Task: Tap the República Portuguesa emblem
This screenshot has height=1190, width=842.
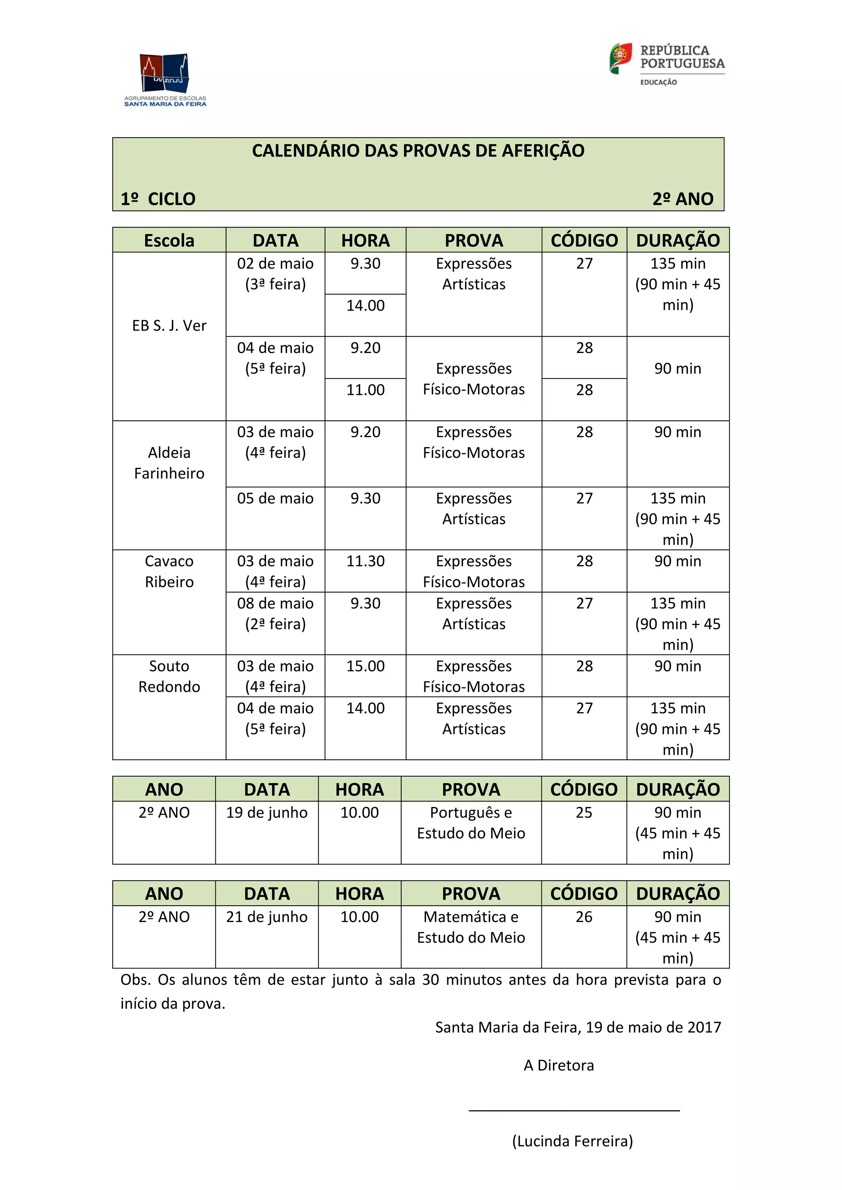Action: (621, 58)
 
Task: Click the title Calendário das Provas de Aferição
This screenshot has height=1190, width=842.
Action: (418, 151)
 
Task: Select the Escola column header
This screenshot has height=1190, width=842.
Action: (169, 240)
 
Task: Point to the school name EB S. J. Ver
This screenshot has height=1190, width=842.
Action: (169, 326)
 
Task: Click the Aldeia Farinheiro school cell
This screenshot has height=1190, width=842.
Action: (169, 463)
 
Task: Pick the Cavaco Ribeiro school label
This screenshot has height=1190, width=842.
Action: (169, 571)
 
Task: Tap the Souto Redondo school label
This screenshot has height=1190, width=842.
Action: (169, 676)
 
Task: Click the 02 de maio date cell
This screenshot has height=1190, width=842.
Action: (275, 274)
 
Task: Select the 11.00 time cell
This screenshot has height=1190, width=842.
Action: (365, 390)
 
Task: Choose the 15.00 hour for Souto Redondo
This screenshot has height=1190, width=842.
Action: (365, 666)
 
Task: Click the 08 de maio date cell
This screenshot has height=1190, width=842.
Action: (275, 613)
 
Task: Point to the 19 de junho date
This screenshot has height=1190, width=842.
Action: (266, 813)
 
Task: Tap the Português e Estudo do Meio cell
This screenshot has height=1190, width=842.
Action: (471, 823)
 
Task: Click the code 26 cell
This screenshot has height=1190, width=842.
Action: (584, 917)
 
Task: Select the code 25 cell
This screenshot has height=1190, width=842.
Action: (584, 813)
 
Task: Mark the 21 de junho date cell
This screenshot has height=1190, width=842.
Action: (266, 917)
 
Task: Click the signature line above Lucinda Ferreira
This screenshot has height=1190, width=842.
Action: (574, 1109)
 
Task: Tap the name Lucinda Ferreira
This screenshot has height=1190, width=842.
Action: (572, 1141)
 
